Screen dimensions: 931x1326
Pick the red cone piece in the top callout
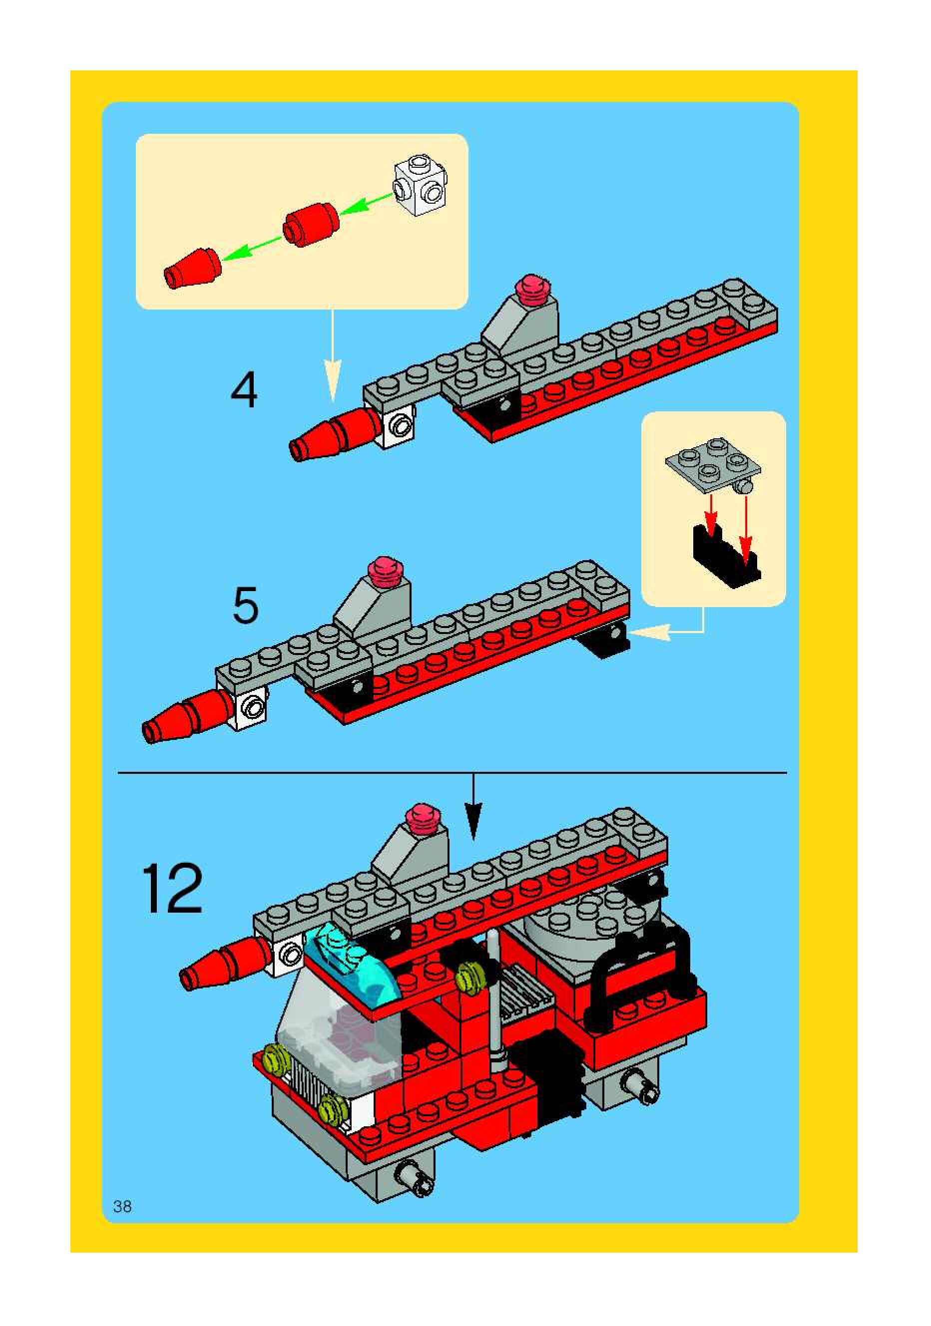pyautogui.click(x=192, y=268)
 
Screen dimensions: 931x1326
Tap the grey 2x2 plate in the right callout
pyautogui.click(x=713, y=464)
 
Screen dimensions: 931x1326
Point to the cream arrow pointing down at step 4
pyautogui.click(x=332, y=354)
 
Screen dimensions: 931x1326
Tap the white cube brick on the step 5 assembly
pyautogui.click(x=250, y=707)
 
